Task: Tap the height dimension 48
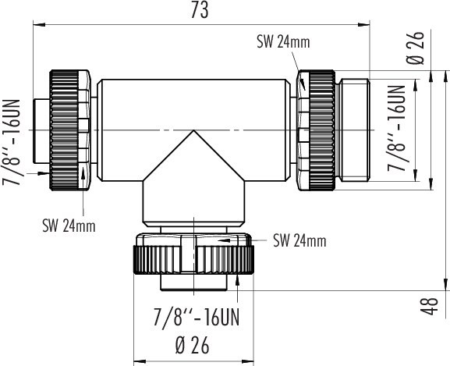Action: (434, 305)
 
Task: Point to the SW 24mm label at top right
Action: (283, 43)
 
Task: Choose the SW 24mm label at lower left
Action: (69, 226)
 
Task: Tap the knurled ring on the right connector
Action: (321, 129)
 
